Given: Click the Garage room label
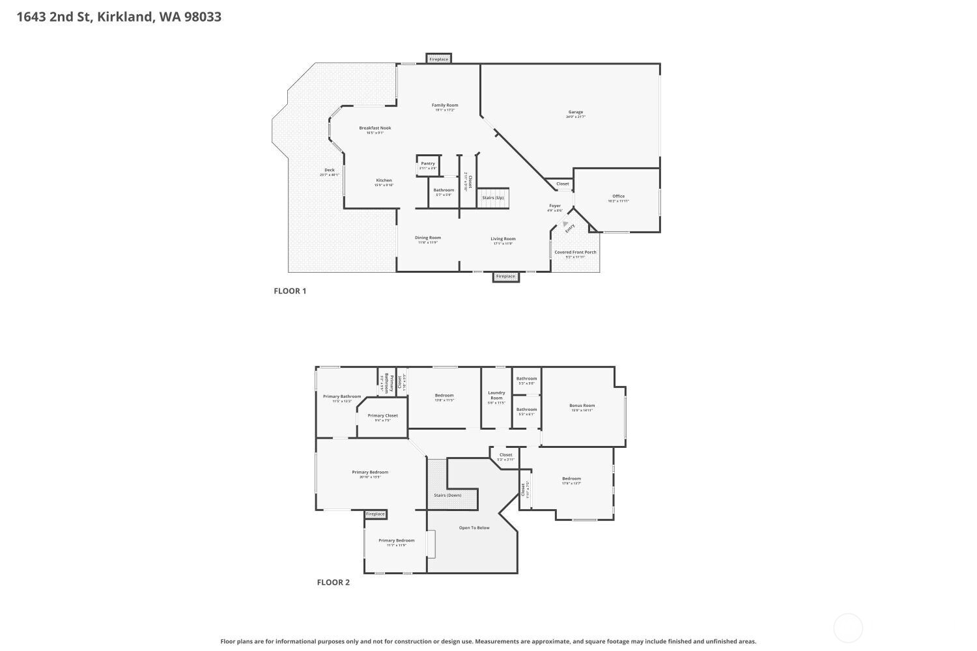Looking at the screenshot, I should point(576,112).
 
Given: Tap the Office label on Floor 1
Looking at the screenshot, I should point(618,196).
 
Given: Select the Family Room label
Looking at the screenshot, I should point(445,105).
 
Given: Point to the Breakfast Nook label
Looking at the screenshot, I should point(375,128).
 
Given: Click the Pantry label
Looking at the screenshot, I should point(428,163).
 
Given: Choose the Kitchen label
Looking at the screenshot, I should point(384,180).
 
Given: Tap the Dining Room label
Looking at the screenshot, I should point(428,238).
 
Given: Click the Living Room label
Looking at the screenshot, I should point(503,239).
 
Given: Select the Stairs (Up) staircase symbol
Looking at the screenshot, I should point(492,198).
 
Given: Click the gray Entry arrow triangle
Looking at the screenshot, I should point(565,223).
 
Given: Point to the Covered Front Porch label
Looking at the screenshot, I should point(575,252).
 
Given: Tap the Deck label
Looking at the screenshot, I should point(330,170).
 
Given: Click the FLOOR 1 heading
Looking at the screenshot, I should point(290,291).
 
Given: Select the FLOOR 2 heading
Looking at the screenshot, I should point(333,582).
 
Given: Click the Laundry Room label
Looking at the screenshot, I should point(496,395).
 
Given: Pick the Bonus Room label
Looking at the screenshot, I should point(582,406).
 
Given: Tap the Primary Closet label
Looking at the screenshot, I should point(382,415).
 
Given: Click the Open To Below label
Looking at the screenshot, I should point(474,527).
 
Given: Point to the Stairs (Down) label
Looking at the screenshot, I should point(447,495).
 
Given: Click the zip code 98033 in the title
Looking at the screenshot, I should point(203,17).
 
